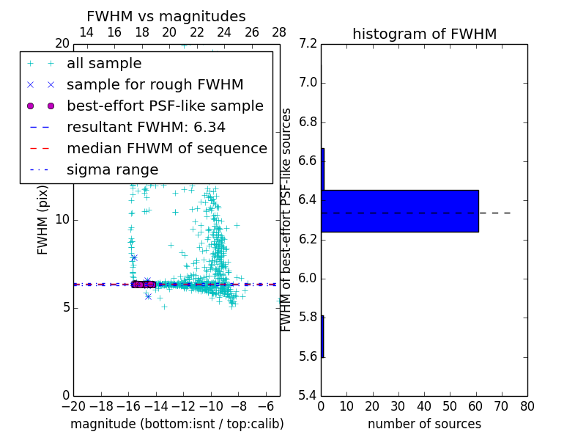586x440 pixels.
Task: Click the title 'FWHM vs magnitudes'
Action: click(x=166, y=16)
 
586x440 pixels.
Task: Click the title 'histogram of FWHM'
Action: click(x=424, y=34)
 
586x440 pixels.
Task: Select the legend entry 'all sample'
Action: click(x=104, y=64)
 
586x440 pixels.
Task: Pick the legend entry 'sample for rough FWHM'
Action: click(x=155, y=84)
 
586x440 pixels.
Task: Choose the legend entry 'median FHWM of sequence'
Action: click(x=166, y=148)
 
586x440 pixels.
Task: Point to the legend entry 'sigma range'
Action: click(x=112, y=169)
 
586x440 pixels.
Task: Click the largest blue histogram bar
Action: click(x=400, y=211)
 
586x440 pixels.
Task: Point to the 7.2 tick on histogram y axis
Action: click(x=308, y=43)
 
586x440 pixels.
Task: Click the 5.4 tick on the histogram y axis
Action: click(x=308, y=395)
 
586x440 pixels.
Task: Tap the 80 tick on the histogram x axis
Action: click(x=527, y=405)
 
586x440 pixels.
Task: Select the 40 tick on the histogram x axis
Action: click(x=424, y=405)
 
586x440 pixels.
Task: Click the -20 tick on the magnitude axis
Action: click(x=73, y=405)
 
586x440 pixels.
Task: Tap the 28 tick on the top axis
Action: click(x=279, y=32)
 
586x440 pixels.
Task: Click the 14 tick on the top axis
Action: click(x=86, y=32)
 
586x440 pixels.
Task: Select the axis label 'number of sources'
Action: click(x=424, y=424)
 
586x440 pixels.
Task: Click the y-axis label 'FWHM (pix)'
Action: click(x=42, y=219)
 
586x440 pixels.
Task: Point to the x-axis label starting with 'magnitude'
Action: click(x=177, y=424)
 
